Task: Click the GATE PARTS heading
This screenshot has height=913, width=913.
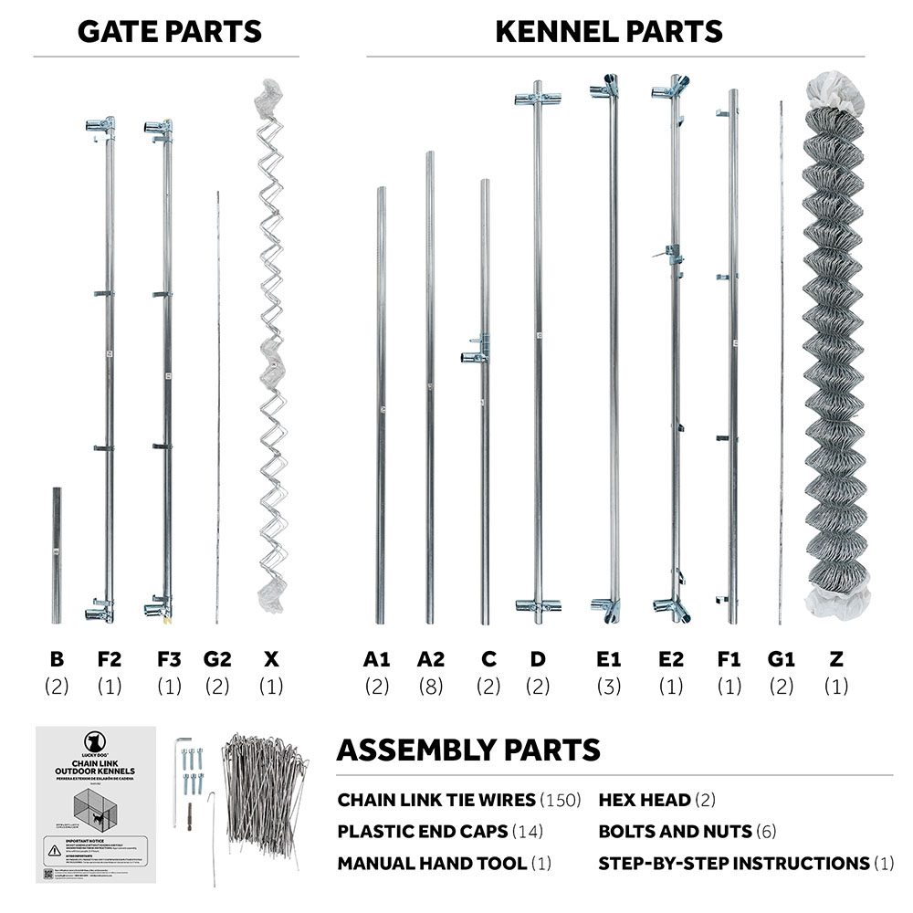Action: coord(170,31)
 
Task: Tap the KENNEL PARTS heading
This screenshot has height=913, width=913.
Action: coord(609,31)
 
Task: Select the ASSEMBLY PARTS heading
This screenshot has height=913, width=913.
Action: coord(468,750)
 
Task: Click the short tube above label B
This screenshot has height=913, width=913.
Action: coord(57,542)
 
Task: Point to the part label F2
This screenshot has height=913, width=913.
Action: coord(109,659)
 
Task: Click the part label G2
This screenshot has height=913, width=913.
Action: coord(217,659)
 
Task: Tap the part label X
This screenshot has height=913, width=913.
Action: coord(270,659)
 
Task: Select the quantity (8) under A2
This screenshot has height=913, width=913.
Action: coord(431,687)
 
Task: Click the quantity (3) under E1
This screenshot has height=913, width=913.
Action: coord(608,687)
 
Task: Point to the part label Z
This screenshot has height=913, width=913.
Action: coord(836,659)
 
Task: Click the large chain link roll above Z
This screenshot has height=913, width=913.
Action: coord(835,347)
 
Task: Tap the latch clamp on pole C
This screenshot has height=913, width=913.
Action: coord(477,350)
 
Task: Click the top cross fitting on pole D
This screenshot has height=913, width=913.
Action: coord(537,98)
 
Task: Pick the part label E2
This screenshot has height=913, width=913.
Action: coord(670,659)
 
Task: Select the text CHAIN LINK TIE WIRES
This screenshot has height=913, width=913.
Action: coord(436,801)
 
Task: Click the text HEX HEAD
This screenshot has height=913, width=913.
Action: coord(645,801)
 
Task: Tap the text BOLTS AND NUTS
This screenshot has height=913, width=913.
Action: coord(663,832)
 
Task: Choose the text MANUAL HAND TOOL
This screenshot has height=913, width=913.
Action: coord(432,863)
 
